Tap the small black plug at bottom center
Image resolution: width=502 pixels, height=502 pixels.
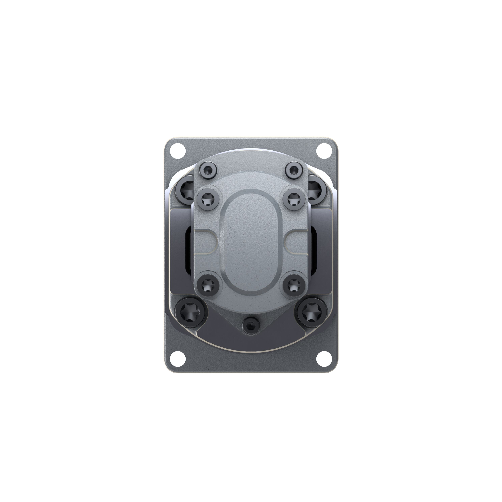click(250, 325)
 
